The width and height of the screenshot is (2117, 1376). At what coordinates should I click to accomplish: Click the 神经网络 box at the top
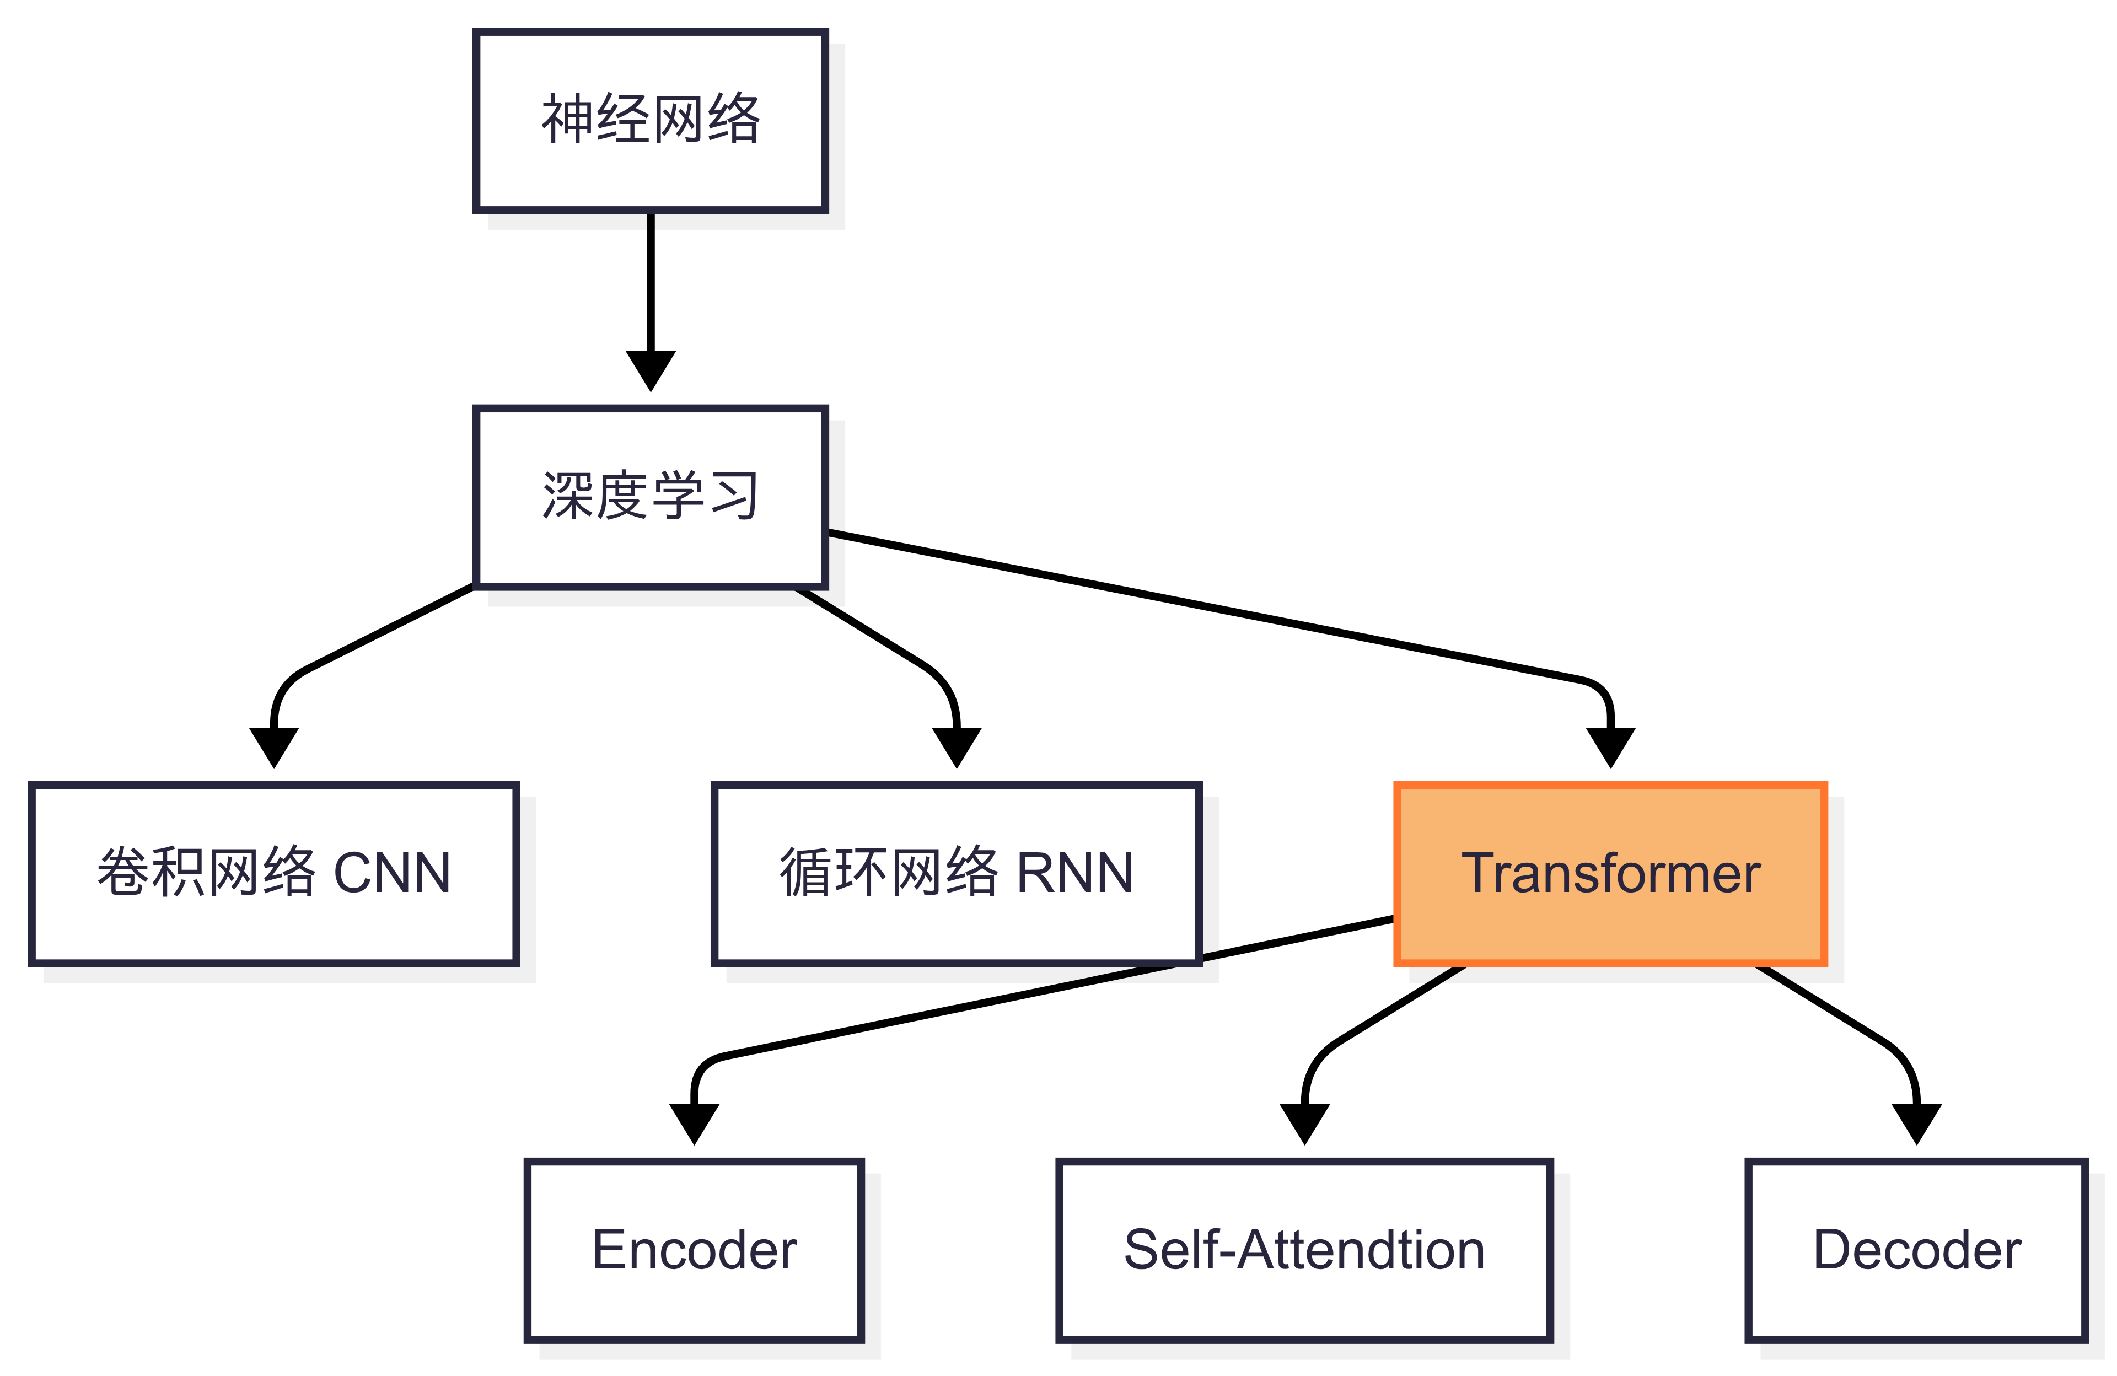(650, 120)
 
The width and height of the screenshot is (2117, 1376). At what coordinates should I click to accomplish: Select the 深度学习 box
(650, 496)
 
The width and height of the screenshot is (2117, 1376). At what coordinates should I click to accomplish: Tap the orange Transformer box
(1610, 873)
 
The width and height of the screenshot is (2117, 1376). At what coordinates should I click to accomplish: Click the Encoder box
(694, 1250)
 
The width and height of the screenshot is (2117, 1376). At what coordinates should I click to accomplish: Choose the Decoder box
(1917, 1250)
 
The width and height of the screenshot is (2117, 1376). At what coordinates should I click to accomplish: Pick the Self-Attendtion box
(1304, 1250)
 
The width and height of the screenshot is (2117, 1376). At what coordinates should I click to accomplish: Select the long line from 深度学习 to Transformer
(1201, 606)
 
